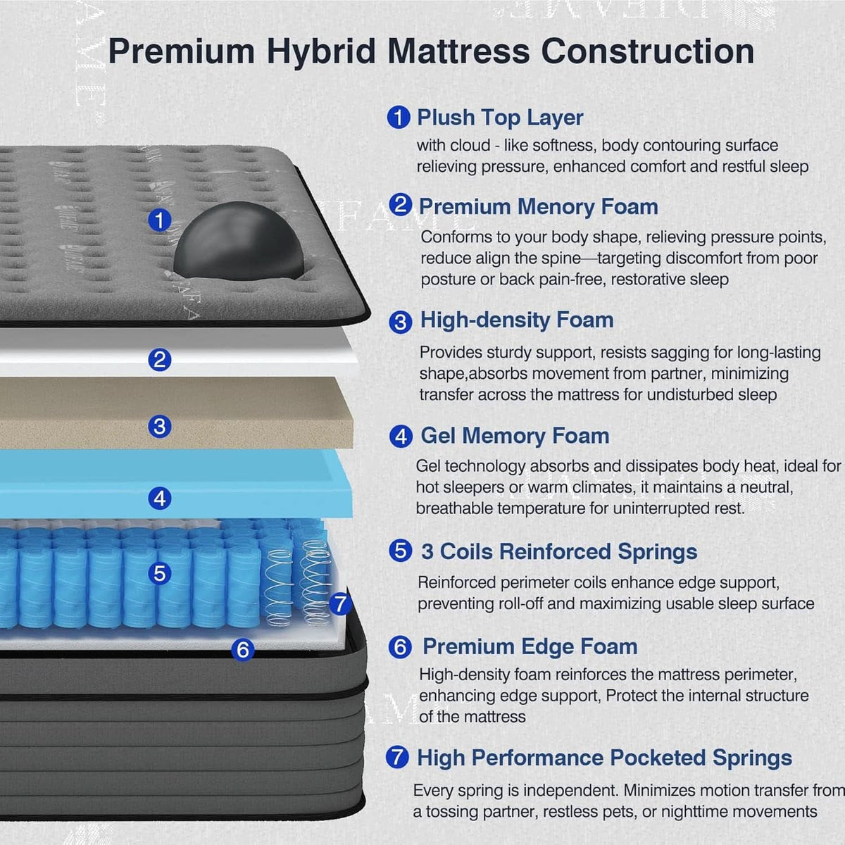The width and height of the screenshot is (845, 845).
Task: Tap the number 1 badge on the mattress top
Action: coord(160,220)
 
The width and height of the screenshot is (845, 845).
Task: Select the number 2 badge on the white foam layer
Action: coord(160,360)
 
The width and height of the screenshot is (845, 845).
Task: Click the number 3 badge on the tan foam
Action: coord(160,426)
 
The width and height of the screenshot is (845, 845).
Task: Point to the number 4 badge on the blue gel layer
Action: coord(160,499)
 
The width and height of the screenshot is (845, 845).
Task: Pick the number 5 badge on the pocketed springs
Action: coord(160,573)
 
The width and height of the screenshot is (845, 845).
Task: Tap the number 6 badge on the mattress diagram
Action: coord(242,649)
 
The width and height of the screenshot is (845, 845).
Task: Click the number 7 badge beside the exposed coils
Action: coord(340,603)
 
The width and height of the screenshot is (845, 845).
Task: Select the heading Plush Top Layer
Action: coord(500,118)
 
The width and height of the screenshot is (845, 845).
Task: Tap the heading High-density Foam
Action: coord(517,320)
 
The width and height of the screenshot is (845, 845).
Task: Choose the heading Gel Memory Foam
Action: coord(515,437)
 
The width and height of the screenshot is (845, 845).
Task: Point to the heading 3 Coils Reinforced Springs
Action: coord(559,551)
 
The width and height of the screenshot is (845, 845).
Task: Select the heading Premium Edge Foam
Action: coord(530,647)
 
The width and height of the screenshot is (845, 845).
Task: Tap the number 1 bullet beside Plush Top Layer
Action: coord(399,117)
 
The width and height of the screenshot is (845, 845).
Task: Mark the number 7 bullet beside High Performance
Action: coord(397,757)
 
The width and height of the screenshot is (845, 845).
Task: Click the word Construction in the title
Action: coord(648,51)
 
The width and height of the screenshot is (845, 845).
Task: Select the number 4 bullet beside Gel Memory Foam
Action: coord(401,437)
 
